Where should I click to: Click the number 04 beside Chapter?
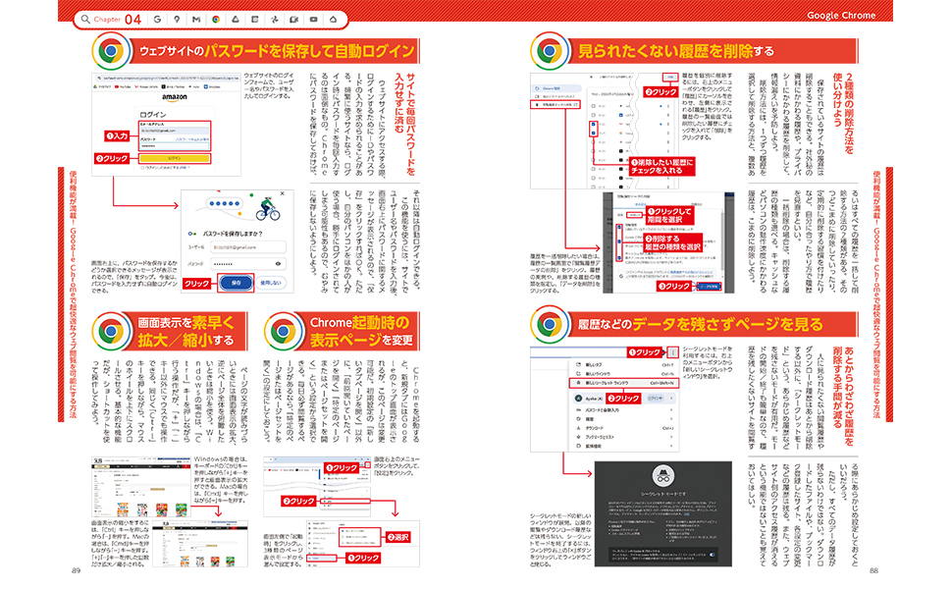(132, 18)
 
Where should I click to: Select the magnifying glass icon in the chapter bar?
(87, 19)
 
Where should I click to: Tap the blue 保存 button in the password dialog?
(235, 282)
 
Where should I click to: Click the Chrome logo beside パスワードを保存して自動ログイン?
(108, 50)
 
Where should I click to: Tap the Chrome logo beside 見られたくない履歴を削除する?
(547, 50)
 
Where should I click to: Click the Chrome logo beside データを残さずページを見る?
(547, 321)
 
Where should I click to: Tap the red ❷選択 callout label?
(397, 537)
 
